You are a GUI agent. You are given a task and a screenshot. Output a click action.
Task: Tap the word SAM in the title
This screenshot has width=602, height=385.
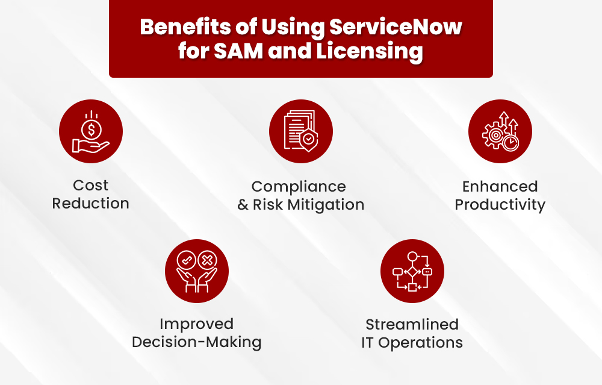(232, 51)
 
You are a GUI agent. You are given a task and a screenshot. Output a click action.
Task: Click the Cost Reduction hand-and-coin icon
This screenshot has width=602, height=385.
(91, 131)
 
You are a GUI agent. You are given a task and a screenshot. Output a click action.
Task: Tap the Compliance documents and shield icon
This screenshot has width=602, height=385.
(300, 131)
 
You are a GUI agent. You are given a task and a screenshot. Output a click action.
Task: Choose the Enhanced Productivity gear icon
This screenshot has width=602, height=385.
(500, 131)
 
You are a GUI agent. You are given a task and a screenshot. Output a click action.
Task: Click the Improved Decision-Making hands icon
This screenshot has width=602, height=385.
(197, 271)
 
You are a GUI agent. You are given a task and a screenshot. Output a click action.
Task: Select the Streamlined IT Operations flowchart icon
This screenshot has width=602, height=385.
(412, 271)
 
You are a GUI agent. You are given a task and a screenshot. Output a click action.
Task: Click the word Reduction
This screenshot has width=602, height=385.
(90, 204)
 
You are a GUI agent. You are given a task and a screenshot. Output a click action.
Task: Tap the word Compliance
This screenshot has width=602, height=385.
(299, 186)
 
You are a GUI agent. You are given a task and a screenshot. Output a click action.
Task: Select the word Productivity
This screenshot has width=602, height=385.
(500, 205)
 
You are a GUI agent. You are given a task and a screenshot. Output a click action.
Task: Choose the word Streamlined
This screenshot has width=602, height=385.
(412, 324)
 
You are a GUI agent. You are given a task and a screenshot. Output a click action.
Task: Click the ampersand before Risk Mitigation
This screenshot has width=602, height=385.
(243, 205)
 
